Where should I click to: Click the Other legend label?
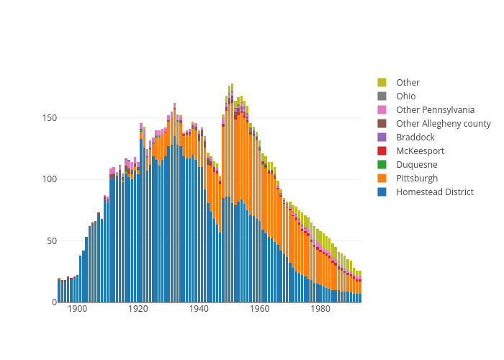pos(408,83)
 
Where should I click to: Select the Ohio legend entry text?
pos(405,96)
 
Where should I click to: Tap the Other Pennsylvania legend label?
pos(435,110)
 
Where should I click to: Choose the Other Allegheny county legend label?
pos(443,124)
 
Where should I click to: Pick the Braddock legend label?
pos(415,138)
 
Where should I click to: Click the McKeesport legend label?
pos(420,151)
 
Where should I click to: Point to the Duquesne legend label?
pos(416,165)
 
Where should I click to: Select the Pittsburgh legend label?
pos(416,179)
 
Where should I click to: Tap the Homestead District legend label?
pos(434,192)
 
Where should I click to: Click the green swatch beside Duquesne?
pos(382,165)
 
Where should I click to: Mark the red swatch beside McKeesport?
pos(382,151)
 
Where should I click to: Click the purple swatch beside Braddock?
pos(382,138)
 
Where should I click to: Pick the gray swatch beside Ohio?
pos(382,96)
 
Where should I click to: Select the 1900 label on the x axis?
pos(78,310)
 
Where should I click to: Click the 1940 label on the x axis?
pos(199,310)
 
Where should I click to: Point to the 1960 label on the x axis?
pos(260,310)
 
